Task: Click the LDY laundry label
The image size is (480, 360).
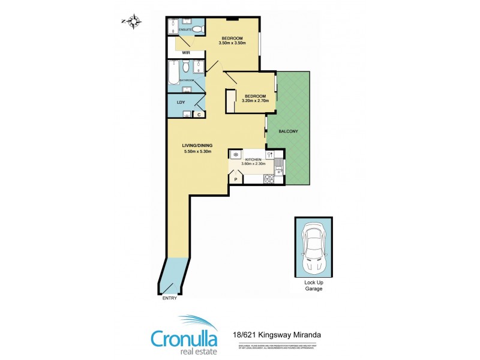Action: click(x=181, y=103)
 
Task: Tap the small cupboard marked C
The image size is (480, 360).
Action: click(x=199, y=114)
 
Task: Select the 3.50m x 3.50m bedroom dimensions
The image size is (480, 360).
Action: click(x=233, y=43)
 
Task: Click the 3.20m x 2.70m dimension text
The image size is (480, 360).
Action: click(x=254, y=100)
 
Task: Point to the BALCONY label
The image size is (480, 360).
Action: click(x=289, y=131)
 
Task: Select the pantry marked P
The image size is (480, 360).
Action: click(x=236, y=179)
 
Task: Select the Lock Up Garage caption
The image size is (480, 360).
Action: click(x=313, y=286)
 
